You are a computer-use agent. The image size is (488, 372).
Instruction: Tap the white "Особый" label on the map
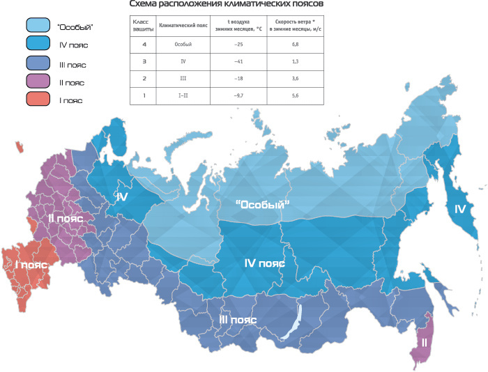tap(262, 203)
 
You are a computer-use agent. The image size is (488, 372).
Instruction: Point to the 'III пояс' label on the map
tap(238, 319)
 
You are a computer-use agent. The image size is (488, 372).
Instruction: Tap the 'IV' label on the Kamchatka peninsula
tap(459, 209)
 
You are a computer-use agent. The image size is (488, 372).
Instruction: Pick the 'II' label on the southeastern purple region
tap(423, 342)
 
